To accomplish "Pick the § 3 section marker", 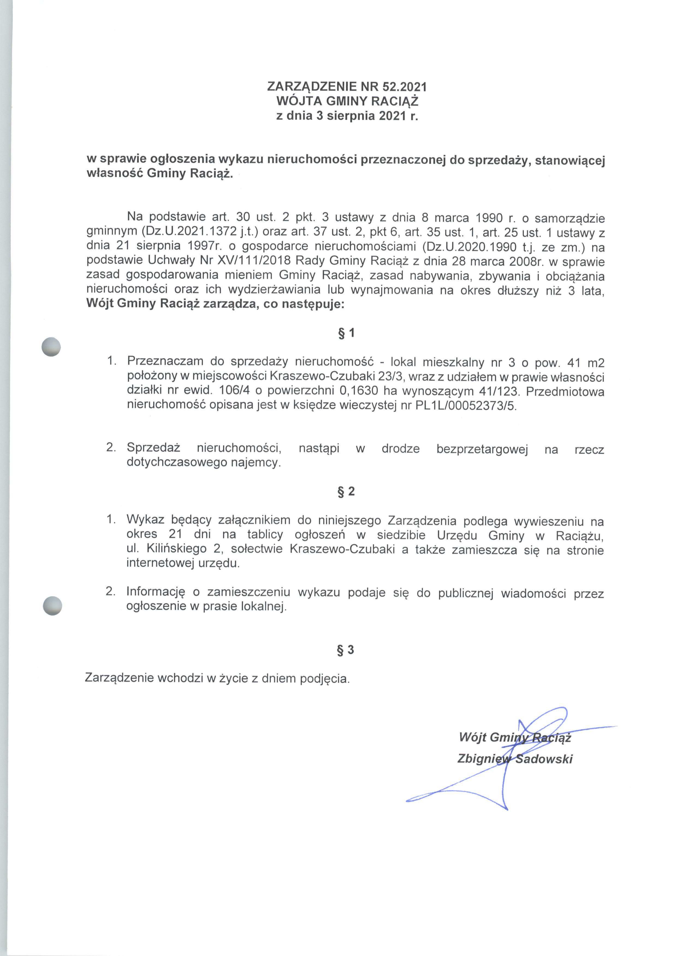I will [x=346, y=650].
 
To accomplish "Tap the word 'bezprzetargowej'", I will [x=482, y=449].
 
